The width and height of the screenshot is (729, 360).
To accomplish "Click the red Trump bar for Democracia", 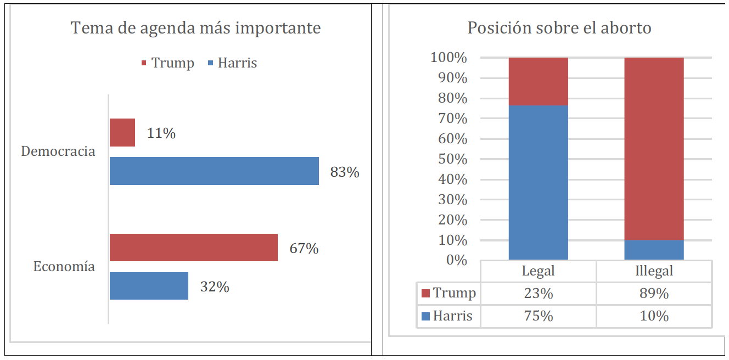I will coord(122,132).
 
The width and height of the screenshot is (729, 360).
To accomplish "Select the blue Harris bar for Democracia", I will coord(214,171).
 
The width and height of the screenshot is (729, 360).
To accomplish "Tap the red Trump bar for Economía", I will coord(193,248).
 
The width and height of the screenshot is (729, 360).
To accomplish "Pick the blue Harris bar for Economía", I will coord(149,285).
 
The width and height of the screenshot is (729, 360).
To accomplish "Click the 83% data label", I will coord(345,172).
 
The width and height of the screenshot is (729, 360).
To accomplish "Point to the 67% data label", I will coord(304,249).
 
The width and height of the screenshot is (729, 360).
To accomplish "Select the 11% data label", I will coord(161,133).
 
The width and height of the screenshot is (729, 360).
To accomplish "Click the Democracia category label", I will coord(58,151).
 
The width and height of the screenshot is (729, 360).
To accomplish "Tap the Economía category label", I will coord(64,267).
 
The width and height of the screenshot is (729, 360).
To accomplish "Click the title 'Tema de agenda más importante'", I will coord(196,28).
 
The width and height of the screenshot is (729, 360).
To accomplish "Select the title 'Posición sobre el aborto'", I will coord(559,28).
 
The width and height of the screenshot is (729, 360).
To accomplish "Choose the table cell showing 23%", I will coord(538,294).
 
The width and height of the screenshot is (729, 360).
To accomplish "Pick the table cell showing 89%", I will coord(654,294).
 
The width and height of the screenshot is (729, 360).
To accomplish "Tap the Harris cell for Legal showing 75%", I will coord(538,317).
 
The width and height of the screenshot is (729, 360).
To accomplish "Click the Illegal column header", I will coord(654,271).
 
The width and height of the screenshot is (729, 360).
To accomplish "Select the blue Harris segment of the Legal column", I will coord(538,182).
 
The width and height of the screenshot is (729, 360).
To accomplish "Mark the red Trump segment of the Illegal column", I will coord(654,148).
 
